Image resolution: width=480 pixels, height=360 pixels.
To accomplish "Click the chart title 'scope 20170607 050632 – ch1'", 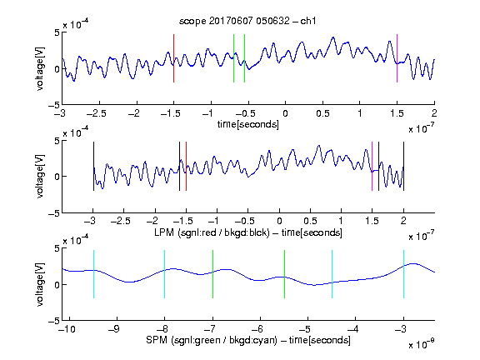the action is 247,21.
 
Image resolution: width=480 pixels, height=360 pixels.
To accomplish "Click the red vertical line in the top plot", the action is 174,58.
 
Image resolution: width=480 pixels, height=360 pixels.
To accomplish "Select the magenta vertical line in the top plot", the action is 397,58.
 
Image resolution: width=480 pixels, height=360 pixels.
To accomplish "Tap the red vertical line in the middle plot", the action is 186,166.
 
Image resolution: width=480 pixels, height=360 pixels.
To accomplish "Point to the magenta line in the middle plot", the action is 372,166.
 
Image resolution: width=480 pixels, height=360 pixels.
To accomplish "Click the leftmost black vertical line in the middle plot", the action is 93,166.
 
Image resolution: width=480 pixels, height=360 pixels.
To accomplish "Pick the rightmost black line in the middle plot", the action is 403,166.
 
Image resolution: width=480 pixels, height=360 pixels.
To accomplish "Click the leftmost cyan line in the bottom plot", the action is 93,274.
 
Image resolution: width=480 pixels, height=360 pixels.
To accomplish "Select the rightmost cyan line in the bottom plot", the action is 403,274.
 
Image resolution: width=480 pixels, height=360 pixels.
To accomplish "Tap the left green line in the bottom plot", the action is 212,274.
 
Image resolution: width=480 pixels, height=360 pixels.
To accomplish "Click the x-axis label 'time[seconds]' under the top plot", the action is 248,124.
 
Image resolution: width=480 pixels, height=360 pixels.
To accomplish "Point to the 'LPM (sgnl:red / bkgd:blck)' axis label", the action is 212,232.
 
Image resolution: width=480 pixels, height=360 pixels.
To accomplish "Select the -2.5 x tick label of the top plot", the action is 96,113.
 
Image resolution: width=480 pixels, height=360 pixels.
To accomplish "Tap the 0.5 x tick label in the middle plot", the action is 310,221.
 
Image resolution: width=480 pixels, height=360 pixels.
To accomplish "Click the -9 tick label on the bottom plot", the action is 113,329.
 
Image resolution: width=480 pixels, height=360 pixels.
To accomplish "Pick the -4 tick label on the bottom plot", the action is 352,329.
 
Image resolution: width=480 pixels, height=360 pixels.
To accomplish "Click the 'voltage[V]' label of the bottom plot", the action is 40,284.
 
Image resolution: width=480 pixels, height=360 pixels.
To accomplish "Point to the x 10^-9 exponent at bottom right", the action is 421,344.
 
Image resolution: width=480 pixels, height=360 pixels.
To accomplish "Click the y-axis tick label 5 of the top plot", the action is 57,32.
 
